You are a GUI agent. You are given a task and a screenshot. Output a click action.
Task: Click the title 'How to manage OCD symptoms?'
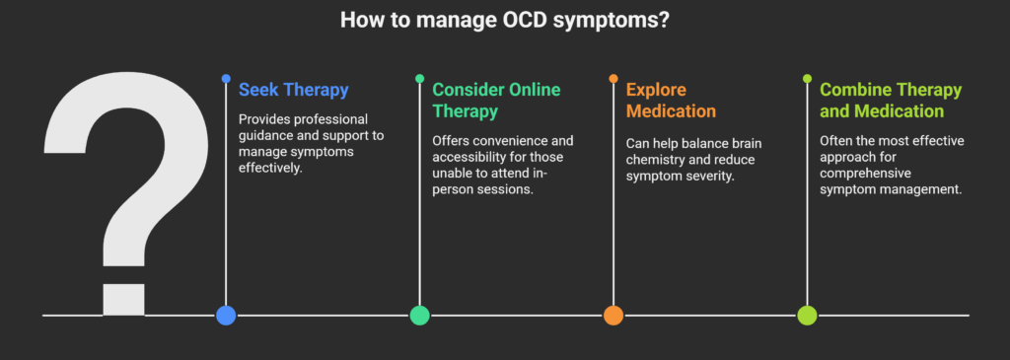pyautogui.click(x=504, y=20)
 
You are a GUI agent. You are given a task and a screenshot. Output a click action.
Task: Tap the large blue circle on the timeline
pyautogui.click(x=226, y=315)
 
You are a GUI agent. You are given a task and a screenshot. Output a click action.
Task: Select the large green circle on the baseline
pyautogui.click(x=419, y=315)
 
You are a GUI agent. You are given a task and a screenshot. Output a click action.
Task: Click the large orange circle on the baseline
pyautogui.click(x=613, y=315)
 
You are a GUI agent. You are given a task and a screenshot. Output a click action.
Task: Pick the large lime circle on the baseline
pyautogui.click(x=807, y=315)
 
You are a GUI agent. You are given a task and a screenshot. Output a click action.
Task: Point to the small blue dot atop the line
pyautogui.click(x=226, y=79)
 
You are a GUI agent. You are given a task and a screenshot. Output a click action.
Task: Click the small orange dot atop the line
pyautogui.click(x=613, y=79)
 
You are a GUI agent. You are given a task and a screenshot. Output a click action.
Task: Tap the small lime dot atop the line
pyautogui.click(x=807, y=79)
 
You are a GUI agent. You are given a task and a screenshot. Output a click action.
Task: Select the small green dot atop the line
pyautogui.click(x=419, y=79)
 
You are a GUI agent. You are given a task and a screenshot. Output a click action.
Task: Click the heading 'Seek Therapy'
pyautogui.click(x=294, y=90)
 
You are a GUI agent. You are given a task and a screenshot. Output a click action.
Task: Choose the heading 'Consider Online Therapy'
pyautogui.click(x=497, y=100)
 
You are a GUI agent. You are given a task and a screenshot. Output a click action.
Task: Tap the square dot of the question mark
pyautogui.click(x=123, y=300)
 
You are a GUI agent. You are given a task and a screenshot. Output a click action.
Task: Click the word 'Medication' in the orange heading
pyautogui.click(x=671, y=110)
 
